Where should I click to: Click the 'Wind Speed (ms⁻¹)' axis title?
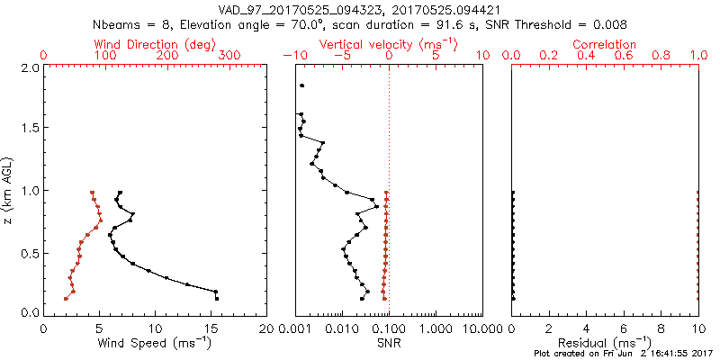(x=157, y=343)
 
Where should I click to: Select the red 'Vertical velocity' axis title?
(x=389, y=44)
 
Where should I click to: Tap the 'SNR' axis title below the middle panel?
(x=389, y=343)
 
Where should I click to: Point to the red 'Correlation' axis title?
(x=605, y=44)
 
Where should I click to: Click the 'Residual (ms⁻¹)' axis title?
(x=605, y=343)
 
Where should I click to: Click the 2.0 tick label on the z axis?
(x=30, y=67)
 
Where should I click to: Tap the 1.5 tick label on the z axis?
(x=30, y=129)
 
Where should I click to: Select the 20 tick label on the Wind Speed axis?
(x=266, y=328)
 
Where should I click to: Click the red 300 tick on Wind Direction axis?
(x=229, y=56)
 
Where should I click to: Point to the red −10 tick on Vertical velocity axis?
(x=291, y=56)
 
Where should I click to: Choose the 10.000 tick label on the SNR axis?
(x=477, y=328)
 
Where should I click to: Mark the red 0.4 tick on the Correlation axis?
(x=586, y=56)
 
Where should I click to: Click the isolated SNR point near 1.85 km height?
(x=302, y=85)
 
